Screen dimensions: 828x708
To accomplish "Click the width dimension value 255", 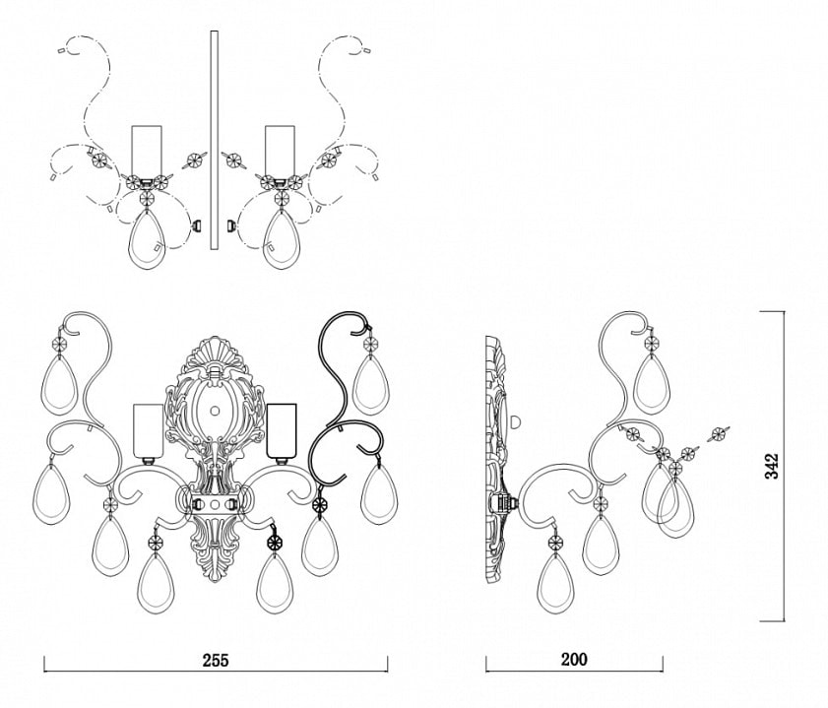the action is coord(216,660).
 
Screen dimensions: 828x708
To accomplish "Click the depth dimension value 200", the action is coord(574,659).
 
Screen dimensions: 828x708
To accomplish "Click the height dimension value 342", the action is coord(772,466).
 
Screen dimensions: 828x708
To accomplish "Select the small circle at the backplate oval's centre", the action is coord(215,410).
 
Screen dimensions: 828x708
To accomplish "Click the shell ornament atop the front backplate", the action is coord(215,354).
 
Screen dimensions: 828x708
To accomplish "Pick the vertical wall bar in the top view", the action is coord(214,140).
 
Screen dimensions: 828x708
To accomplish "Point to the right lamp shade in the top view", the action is coord(280,151).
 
